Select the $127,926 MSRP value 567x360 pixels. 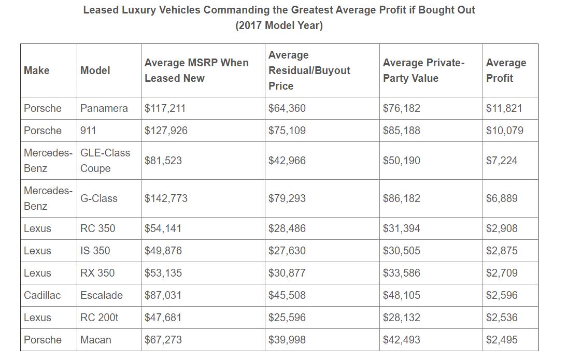pos(166,131)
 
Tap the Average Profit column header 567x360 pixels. pos(506,70)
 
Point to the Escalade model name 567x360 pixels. pos(102,295)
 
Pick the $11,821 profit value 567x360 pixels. pos(504,108)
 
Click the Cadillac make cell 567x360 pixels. pos(42,295)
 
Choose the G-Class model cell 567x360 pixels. pos(99,198)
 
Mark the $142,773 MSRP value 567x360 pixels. pos(166,198)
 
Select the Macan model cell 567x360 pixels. pos(96,340)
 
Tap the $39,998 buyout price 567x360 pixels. pos(287,340)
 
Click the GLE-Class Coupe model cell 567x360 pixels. pos(105,161)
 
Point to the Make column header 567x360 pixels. pos(37,70)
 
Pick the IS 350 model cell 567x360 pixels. pos(95,251)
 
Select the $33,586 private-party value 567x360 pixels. pos(402,273)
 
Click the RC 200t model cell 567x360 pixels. pos(100,318)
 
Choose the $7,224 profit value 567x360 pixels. pos(502,161)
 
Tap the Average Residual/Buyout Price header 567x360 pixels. pos(309,70)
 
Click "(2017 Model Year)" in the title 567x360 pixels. pos(279,26)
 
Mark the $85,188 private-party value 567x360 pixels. pos(402,131)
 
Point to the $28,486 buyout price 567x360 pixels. pos(287,228)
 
